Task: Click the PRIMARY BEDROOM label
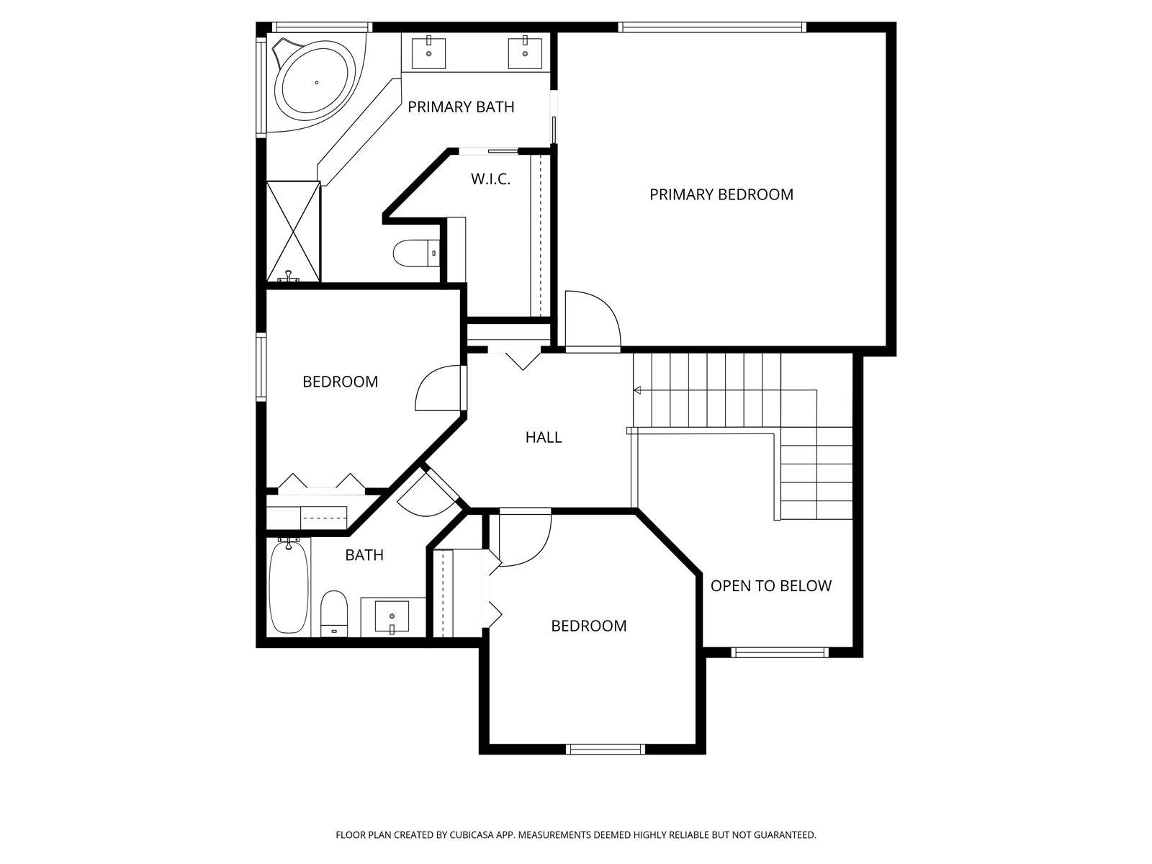(x=721, y=194)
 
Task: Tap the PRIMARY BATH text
(x=461, y=107)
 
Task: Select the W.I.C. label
(x=490, y=179)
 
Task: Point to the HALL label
(x=543, y=437)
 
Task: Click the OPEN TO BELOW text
(x=771, y=585)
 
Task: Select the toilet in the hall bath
(x=334, y=613)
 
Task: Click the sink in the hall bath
(x=392, y=617)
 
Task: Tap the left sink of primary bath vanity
(x=429, y=53)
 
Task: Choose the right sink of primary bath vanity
(x=525, y=53)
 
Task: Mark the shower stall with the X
(x=293, y=231)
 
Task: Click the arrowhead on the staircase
(x=637, y=390)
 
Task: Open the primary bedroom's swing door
(x=593, y=319)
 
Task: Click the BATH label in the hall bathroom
(x=364, y=555)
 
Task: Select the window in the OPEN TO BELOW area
(x=780, y=652)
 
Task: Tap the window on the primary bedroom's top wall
(x=711, y=27)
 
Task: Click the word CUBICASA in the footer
(x=472, y=835)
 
